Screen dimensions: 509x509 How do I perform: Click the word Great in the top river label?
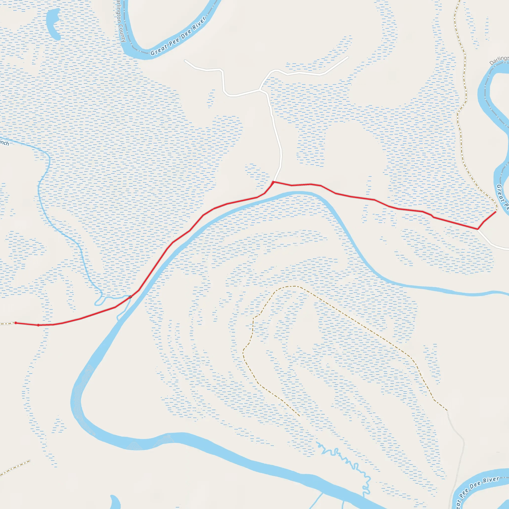(159, 49)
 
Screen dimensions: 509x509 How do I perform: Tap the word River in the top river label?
(199, 23)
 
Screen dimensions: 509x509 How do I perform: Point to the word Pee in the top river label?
(174, 41)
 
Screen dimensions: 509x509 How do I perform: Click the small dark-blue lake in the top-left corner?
(54, 24)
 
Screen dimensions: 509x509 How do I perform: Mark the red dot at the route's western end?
(16, 323)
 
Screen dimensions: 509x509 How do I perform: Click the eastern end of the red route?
(495, 212)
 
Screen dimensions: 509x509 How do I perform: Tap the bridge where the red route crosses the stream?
(130, 297)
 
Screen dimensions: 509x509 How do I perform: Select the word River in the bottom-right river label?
(491, 480)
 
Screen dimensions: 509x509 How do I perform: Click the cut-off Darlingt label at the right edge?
(499, 60)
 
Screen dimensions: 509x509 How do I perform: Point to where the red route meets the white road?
(274, 182)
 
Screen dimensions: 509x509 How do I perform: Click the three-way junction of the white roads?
(259, 89)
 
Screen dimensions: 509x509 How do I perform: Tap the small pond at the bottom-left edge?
(115, 502)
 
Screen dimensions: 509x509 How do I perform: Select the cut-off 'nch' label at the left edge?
(4, 143)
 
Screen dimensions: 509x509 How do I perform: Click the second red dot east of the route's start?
(39, 325)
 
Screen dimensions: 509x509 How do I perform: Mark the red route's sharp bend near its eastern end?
(478, 229)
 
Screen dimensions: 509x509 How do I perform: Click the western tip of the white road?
(185, 61)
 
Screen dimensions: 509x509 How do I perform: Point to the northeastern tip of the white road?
(348, 57)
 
